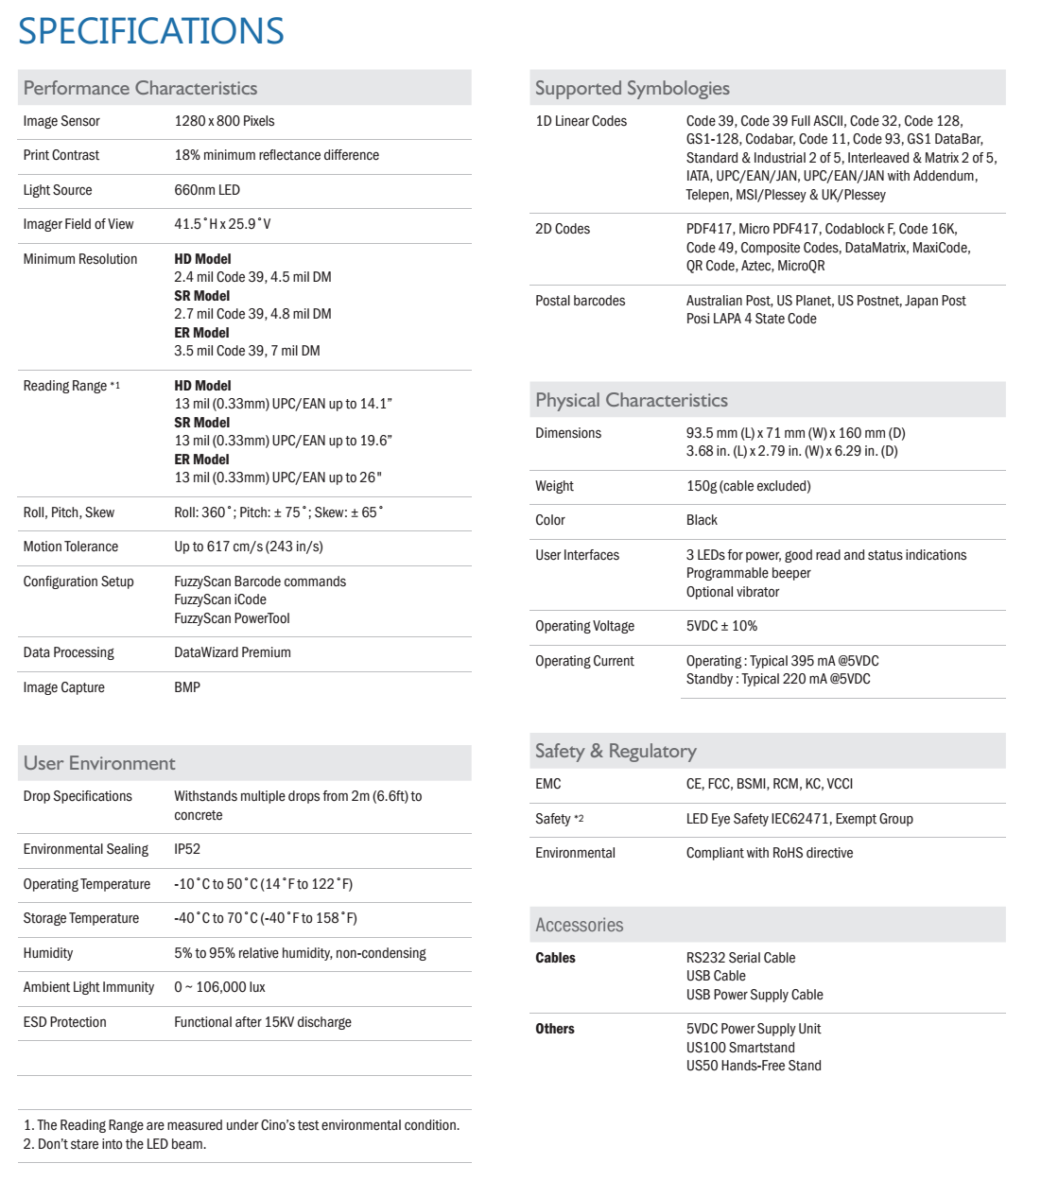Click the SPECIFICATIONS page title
click(x=151, y=31)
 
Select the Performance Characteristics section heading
click(x=140, y=88)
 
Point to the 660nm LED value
click(x=207, y=190)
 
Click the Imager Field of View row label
click(x=78, y=224)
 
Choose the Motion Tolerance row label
click(x=71, y=547)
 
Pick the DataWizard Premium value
click(x=233, y=652)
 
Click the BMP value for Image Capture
click(x=187, y=687)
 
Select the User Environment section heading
click(x=99, y=763)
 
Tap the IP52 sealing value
click(x=187, y=849)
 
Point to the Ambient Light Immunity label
click(x=89, y=987)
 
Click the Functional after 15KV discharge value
click(x=263, y=1022)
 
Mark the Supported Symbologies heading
click(x=633, y=88)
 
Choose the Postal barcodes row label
click(x=581, y=301)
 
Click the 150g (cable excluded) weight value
click(x=749, y=486)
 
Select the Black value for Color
click(x=702, y=520)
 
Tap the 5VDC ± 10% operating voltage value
click(x=721, y=626)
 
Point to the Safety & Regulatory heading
click(x=616, y=751)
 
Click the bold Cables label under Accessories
click(x=555, y=958)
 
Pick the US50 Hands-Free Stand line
click(x=754, y=1066)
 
